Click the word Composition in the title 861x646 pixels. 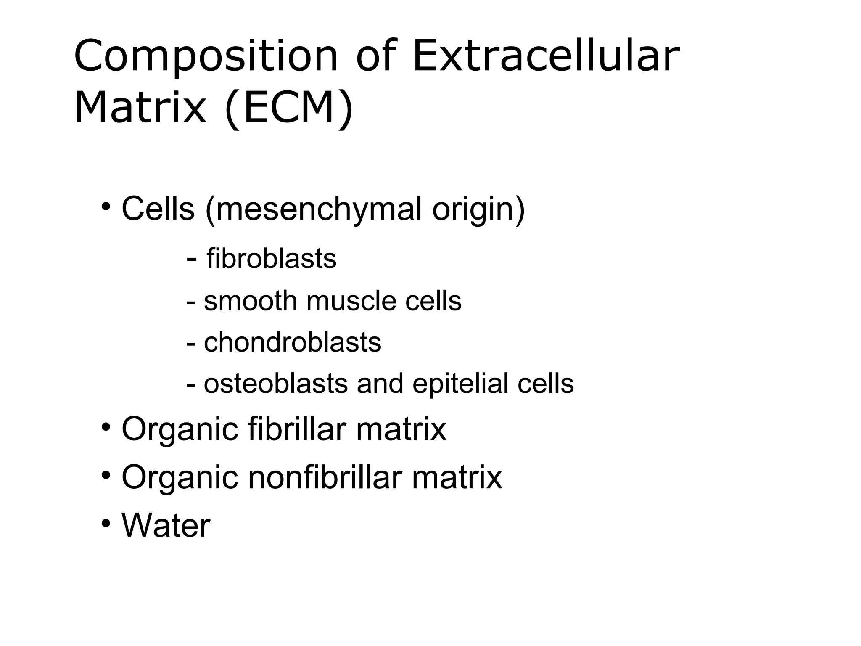point(206,57)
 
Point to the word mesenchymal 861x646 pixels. point(319,209)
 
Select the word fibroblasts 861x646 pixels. point(272,258)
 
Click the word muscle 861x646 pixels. point(351,301)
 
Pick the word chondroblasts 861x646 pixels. point(293,342)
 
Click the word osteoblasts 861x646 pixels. point(276,384)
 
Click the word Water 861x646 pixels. point(166,526)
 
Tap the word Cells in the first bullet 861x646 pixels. point(158,209)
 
